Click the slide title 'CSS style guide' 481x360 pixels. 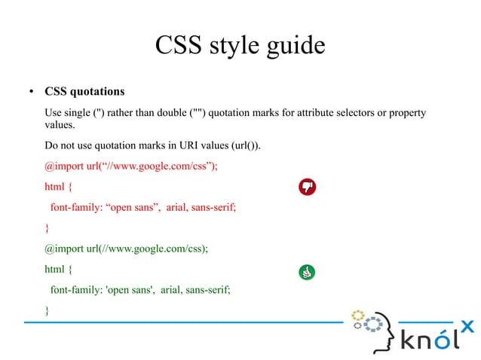point(240,46)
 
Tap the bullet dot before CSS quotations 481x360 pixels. point(31,93)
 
